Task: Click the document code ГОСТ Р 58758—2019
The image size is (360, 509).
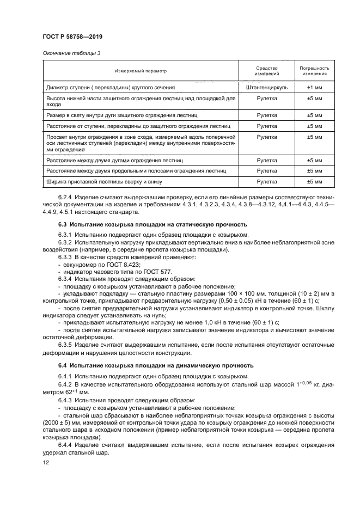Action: click(74, 36)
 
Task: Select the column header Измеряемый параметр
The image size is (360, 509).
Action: click(141, 71)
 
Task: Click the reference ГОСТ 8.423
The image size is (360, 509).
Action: click(117, 263)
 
